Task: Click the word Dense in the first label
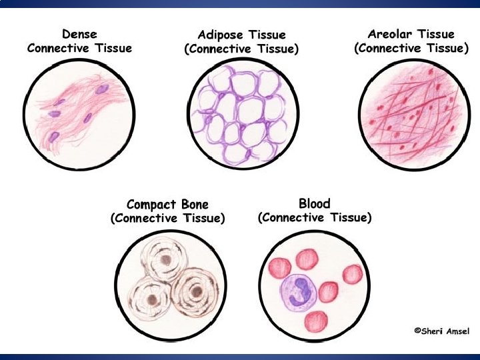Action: pyautogui.click(x=79, y=33)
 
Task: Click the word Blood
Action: pyautogui.click(x=315, y=203)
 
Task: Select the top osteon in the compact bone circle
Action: pyautogui.click(x=163, y=258)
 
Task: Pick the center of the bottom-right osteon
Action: pyautogui.click(x=195, y=291)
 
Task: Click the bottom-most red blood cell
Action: pyautogui.click(x=315, y=322)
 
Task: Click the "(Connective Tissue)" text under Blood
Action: pyautogui.click(x=315, y=217)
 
